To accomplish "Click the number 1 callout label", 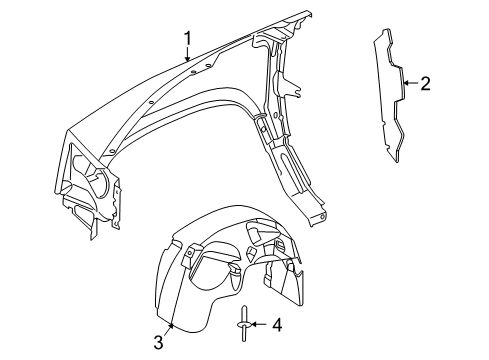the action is click(186, 40).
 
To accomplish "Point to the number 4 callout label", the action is click(277, 324).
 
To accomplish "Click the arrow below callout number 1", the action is click(187, 56).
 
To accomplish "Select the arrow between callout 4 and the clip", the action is click(258, 324).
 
